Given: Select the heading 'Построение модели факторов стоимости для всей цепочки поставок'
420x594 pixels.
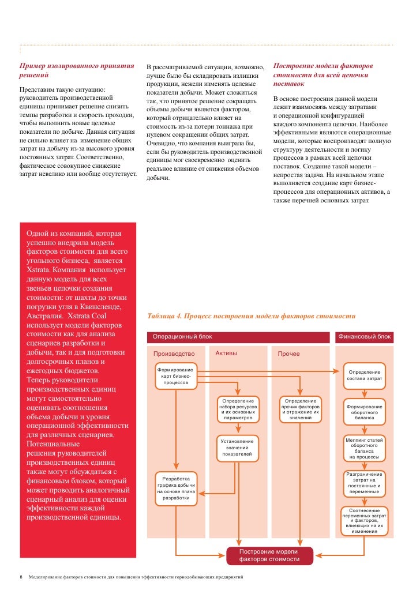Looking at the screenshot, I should pyautogui.click(x=323, y=75).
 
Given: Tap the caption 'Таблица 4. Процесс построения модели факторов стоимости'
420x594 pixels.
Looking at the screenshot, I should pyautogui.click(x=252, y=315).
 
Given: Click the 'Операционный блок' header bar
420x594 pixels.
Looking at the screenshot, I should pyautogui.click(x=239, y=337).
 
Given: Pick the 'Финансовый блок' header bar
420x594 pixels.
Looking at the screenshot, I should pyautogui.click(x=364, y=337).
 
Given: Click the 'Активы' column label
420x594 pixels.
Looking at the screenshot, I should pyautogui.click(x=226, y=353).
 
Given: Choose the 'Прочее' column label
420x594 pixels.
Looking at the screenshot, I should pyautogui.click(x=288, y=354).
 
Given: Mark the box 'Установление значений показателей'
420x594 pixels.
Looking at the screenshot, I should pyautogui.click(x=238, y=448).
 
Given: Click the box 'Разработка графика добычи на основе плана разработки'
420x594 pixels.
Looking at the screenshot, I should pyautogui.click(x=175, y=488).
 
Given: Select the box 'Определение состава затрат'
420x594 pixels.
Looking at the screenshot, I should pyautogui.click(x=364, y=375).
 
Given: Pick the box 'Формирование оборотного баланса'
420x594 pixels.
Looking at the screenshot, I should pyautogui.click(x=364, y=411).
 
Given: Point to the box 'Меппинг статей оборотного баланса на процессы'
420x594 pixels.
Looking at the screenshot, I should pyautogui.click(x=364, y=449).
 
